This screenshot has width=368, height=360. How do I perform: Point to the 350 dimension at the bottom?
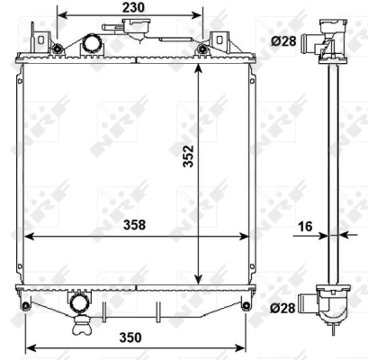[131, 337]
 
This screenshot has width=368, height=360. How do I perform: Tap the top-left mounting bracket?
[40, 40]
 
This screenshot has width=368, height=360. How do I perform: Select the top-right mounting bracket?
[219, 40]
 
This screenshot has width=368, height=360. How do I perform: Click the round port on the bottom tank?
[79, 302]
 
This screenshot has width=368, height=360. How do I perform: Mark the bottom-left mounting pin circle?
[25, 308]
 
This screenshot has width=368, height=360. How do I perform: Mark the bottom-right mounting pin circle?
[246, 308]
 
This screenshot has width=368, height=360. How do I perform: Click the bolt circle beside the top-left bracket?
[58, 49]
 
